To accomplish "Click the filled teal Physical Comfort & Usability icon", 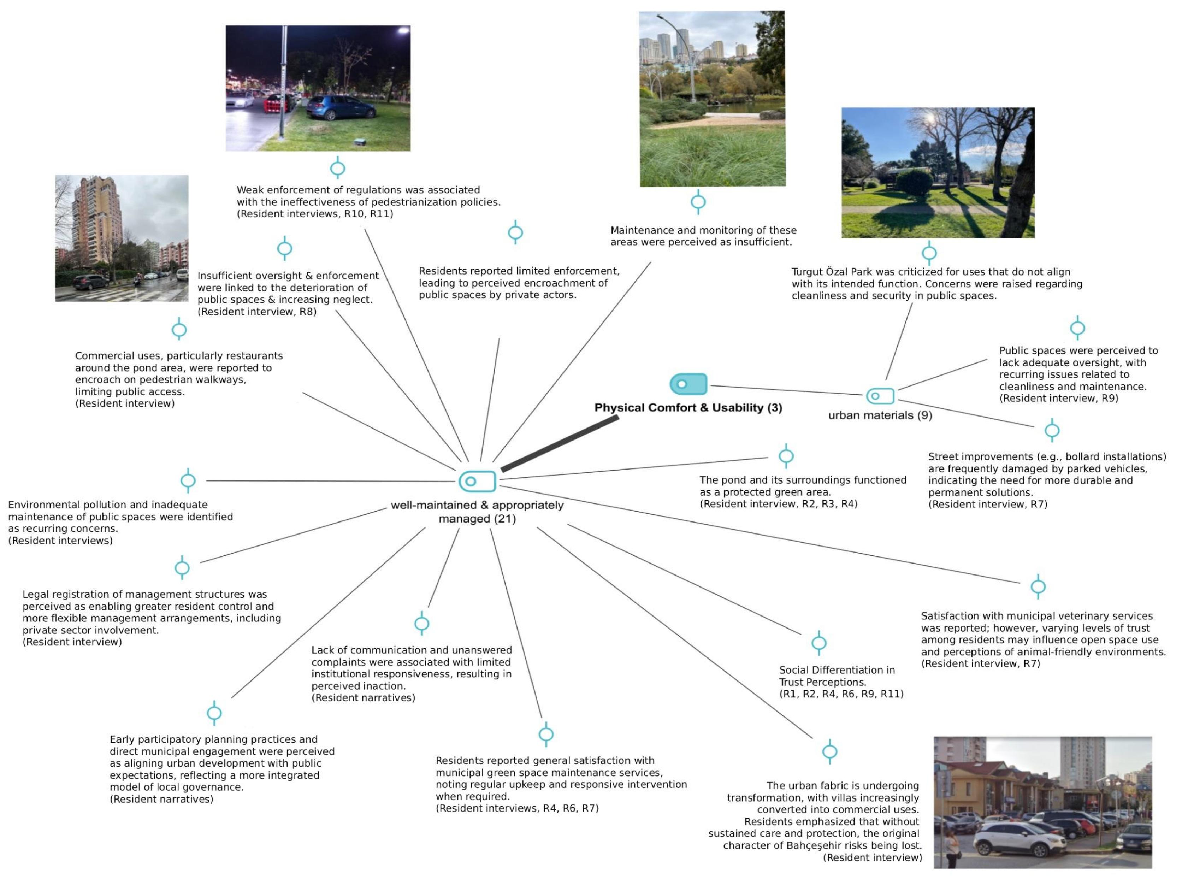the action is pyautogui.click(x=688, y=384).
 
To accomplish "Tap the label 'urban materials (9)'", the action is pyautogui.click(x=880, y=415).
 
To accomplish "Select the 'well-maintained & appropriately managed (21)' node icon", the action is pyautogui.click(x=477, y=481).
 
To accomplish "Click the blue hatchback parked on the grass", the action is pyautogui.click(x=341, y=107).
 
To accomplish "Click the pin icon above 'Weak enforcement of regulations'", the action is pyautogui.click(x=337, y=168).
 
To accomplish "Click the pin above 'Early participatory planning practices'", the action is pyautogui.click(x=214, y=713).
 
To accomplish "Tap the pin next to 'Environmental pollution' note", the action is pyautogui.click(x=188, y=480).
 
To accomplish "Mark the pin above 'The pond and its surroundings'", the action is pyautogui.click(x=786, y=456).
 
